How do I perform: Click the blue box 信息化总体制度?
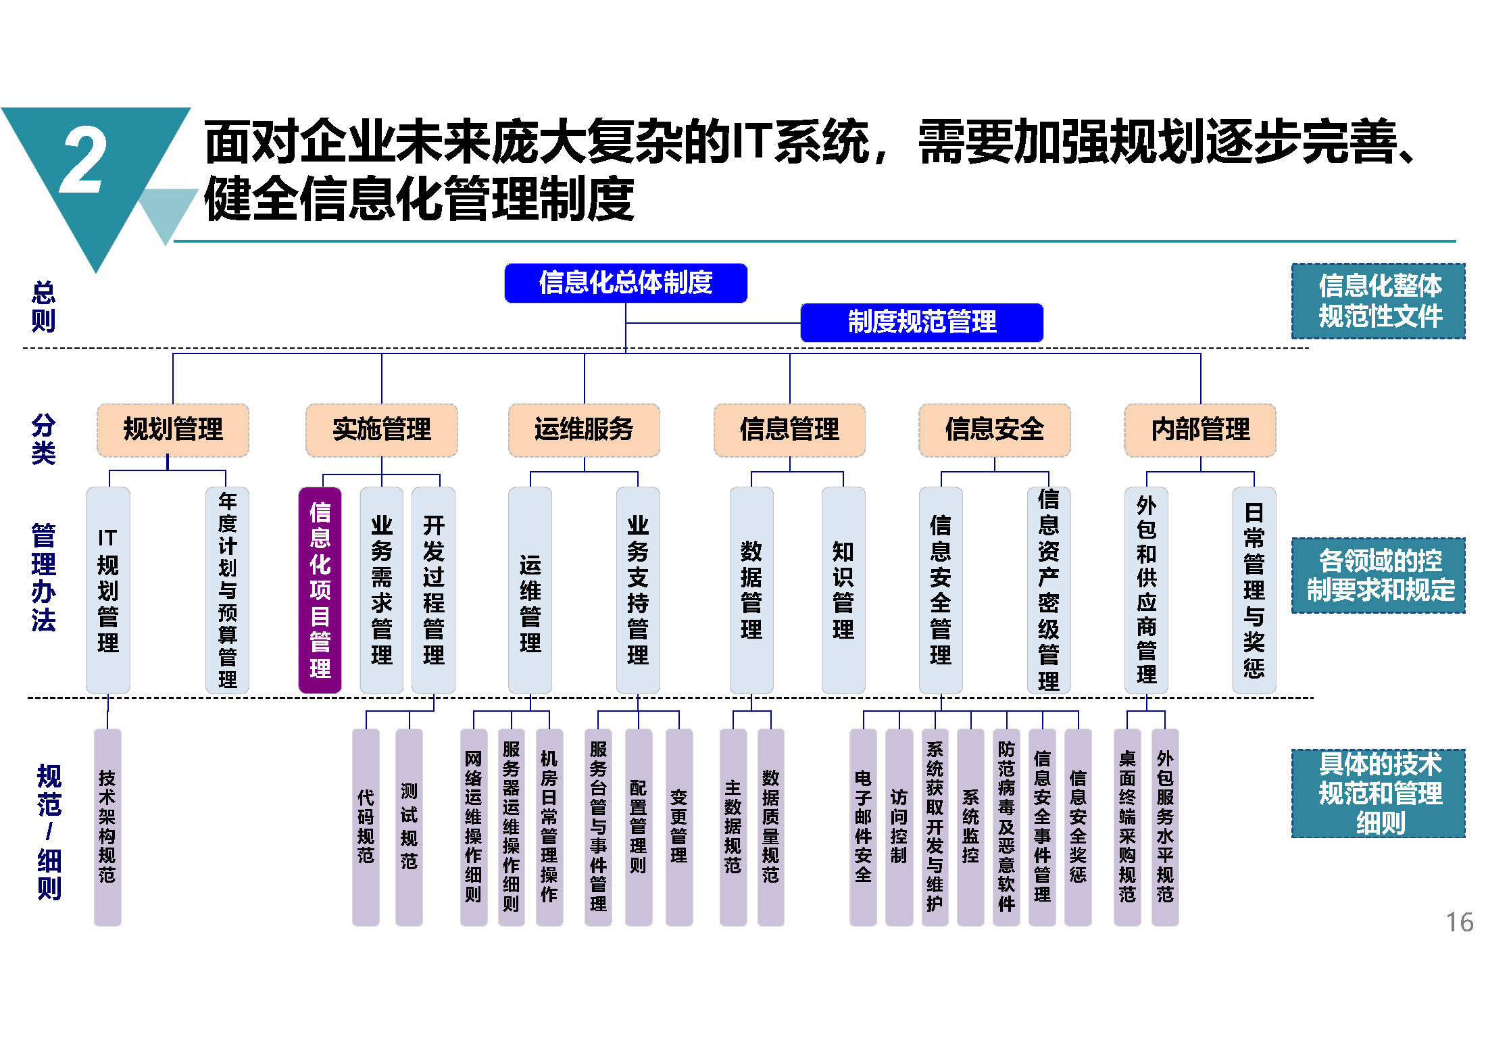pyautogui.click(x=626, y=283)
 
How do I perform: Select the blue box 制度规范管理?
pyautogui.click(x=922, y=322)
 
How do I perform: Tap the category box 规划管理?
pyautogui.click(x=173, y=430)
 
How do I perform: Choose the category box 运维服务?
pyautogui.click(x=584, y=430)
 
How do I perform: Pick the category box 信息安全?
pyautogui.click(x=995, y=430)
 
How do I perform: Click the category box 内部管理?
pyautogui.click(x=1200, y=430)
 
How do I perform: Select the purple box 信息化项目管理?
pyautogui.click(x=320, y=590)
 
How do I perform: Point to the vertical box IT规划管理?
pyautogui.click(x=108, y=590)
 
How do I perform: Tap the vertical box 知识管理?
pyautogui.click(x=843, y=590)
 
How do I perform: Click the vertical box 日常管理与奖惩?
pyautogui.click(x=1254, y=590)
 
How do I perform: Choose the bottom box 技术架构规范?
pyautogui.click(x=107, y=827)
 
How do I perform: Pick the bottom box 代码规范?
pyautogui.click(x=366, y=827)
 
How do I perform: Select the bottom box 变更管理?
pyautogui.click(x=679, y=827)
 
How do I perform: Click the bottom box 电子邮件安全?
pyautogui.click(x=863, y=827)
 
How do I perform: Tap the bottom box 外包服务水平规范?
pyautogui.click(x=1165, y=827)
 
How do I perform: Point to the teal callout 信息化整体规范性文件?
pyautogui.click(x=1379, y=301)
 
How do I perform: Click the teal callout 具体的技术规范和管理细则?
pyautogui.click(x=1379, y=793)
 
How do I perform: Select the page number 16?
pyautogui.click(x=1460, y=923)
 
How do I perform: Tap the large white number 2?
pyautogui.click(x=82, y=160)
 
